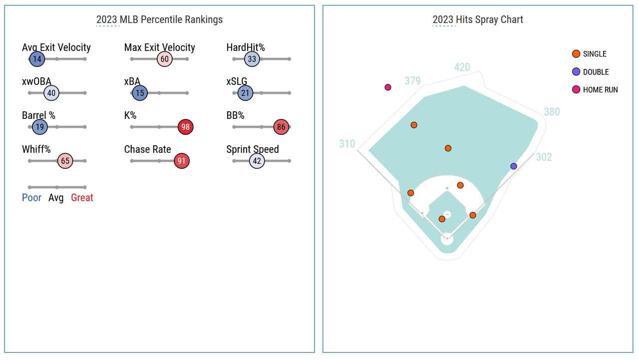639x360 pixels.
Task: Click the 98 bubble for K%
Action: [185, 127]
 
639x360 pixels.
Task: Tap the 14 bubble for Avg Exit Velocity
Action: [36, 59]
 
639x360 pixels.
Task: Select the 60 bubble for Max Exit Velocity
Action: [164, 59]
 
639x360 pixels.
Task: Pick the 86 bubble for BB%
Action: [281, 127]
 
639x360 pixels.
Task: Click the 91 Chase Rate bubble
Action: [182, 161]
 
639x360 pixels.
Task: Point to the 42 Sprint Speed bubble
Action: [257, 161]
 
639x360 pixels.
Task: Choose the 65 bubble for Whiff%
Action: [65, 161]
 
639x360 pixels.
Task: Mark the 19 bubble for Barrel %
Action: [40, 127]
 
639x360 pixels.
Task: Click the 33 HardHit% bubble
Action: [252, 59]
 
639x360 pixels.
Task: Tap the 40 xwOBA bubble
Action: [51, 93]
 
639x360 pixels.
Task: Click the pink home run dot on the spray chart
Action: [388, 87]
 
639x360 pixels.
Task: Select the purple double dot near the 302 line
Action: [514, 166]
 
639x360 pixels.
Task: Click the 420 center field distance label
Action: [462, 67]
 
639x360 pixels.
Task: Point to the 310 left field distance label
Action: [347, 144]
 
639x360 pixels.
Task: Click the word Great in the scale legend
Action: [82, 198]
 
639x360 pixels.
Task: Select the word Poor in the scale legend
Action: [31, 198]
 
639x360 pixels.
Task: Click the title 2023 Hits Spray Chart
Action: [478, 20]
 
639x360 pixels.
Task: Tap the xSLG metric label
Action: [237, 82]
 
